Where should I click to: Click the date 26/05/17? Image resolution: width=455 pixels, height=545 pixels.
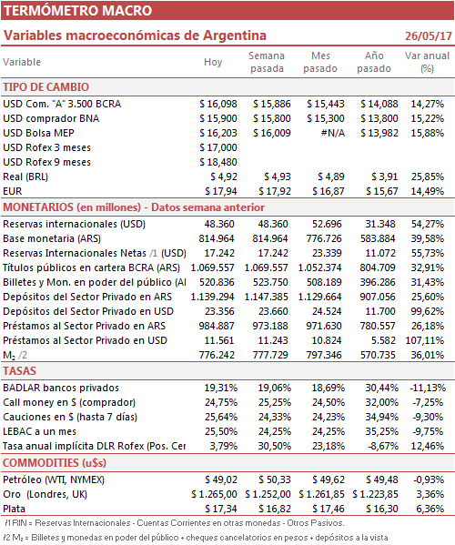(x=429, y=36)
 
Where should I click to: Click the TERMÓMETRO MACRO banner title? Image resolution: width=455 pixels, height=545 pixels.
(x=78, y=10)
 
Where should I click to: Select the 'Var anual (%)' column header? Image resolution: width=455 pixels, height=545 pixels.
(x=427, y=62)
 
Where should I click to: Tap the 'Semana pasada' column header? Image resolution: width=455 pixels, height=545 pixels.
(x=267, y=62)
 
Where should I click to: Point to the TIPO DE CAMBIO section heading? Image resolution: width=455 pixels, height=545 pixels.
(x=45, y=87)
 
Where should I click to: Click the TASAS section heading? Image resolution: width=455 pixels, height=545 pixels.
(x=19, y=371)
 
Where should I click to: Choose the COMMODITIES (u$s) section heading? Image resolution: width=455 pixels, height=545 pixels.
(x=55, y=463)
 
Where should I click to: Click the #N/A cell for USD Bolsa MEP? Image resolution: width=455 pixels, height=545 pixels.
(x=333, y=133)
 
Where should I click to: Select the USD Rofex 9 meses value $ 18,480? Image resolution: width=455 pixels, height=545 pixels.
(x=218, y=162)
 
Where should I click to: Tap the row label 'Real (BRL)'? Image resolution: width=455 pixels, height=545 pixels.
(x=25, y=177)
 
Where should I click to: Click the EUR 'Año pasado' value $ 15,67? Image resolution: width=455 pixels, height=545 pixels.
(x=382, y=191)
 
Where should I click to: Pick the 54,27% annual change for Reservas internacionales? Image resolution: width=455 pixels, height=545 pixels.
(x=428, y=224)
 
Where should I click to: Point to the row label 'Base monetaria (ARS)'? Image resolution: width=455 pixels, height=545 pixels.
(x=52, y=238)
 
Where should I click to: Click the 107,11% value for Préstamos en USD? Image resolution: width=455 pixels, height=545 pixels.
(x=425, y=340)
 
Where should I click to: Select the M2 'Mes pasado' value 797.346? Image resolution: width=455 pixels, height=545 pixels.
(x=324, y=355)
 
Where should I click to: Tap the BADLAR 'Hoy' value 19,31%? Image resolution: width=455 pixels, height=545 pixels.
(x=221, y=388)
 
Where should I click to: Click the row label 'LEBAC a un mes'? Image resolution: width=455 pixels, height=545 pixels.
(x=40, y=431)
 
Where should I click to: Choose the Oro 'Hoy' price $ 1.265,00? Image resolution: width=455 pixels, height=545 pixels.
(x=214, y=494)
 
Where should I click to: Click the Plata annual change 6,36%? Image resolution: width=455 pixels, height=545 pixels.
(x=430, y=509)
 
